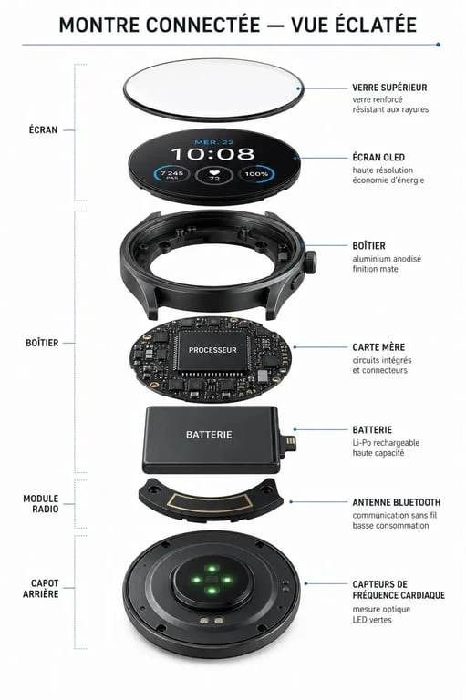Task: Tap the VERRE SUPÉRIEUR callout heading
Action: [x=389, y=87]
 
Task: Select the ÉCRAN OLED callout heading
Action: [x=378, y=157]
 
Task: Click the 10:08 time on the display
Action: [x=212, y=154]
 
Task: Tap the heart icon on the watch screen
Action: [x=214, y=171]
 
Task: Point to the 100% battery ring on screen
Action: [x=256, y=174]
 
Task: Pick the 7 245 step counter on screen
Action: [x=172, y=175]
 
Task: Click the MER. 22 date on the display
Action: [x=214, y=142]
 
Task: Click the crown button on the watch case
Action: [x=311, y=262]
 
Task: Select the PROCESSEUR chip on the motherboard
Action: [x=212, y=350]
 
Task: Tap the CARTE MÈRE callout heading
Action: [x=378, y=347]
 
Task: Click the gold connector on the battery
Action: [x=291, y=445]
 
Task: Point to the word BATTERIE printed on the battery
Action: [x=209, y=435]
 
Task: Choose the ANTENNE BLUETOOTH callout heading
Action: [x=397, y=502]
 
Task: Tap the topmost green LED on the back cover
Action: [x=212, y=569]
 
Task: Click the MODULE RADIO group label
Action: [x=41, y=503]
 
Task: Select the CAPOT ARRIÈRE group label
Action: [x=41, y=589]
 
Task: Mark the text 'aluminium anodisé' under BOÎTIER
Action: [x=387, y=259]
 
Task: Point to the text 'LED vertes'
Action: [x=372, y=620]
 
